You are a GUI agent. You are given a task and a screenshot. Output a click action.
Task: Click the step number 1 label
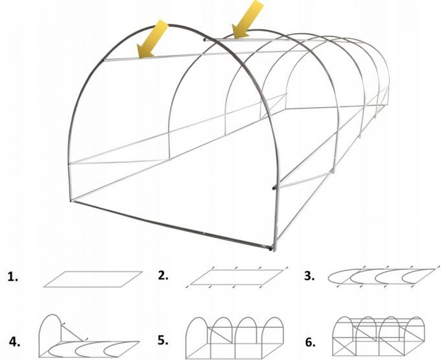pyautogui.click(x=13, y=277)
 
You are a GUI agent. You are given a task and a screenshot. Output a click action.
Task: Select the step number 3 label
pyautogui.click(x=309, y=276)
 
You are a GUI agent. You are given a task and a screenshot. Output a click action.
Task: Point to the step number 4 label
pyautogui.click(x=15, y=342)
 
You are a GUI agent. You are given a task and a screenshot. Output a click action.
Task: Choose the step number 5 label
pyautogui.click(x=163, y=340)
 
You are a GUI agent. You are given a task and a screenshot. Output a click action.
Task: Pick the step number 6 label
pyautogui.click(x=310, y=342)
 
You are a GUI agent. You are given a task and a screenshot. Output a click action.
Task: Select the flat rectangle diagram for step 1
pyautogui.click(x=93, y=280)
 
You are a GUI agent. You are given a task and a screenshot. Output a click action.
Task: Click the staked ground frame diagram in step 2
pyautogui.click(x=237, y=277)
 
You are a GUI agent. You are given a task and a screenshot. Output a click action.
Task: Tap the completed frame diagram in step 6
pyautogui.click(x=378, y=337)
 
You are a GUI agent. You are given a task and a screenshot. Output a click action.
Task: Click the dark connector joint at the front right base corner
pyautogui.click(x=271, y=248)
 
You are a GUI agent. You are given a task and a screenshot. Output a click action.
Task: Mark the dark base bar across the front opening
pyautogui.click(x=171, y=224)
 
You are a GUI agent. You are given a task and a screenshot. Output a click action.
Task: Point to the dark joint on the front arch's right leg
pyautogui.click(x=274, y=188)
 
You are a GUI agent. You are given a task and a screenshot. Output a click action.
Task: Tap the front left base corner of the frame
pyautogui.click(x=71, y=200)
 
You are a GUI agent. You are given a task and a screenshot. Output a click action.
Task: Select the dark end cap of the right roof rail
pyautogui.click(x=205, y=40)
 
